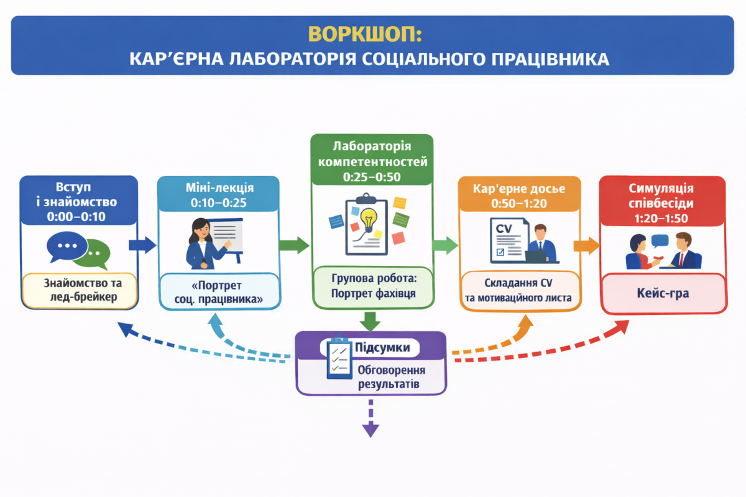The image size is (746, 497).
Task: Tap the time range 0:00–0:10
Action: click(78, 217)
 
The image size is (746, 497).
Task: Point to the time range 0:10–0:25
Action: click(218, 203)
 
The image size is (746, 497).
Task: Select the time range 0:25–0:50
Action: click(372, 177)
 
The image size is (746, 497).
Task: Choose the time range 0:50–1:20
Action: click(520, 203)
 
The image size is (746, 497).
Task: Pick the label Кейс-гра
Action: click(663, 293)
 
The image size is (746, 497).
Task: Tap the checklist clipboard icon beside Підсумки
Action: click(339, 359)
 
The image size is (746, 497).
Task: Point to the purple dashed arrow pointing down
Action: click(371, 419)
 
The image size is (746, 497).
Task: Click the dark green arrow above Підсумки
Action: click(371, 321)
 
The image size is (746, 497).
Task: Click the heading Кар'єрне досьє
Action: click(520, 188)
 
